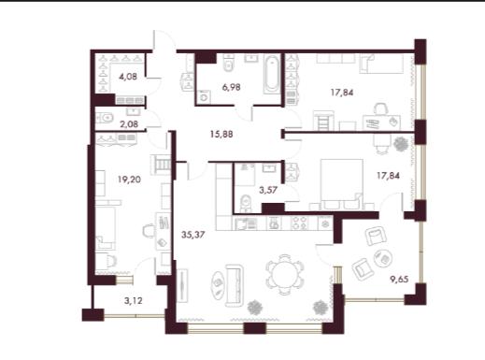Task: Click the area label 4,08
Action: tap(128, 77)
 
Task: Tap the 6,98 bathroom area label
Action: tap(231, 87)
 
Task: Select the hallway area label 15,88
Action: tap(221, 135)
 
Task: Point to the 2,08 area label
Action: tap(129, 124)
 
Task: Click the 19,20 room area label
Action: tap(129, 180)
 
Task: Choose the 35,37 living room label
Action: tap(193, 235)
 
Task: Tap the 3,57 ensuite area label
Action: tap(268, 190)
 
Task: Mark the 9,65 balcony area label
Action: tap(399, 279)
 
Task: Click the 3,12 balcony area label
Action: tap(134, 301)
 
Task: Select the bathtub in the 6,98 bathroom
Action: tap(271, 74)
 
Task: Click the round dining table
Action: tap(284, 275)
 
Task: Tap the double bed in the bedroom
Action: tap(342, 184)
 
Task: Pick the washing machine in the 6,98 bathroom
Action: tap(204, 96)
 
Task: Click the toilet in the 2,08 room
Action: tap(105, 118)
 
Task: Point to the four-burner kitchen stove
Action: tap(300, 223)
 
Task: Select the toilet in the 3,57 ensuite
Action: tap(246, 202)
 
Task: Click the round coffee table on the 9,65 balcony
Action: tap(383, 258)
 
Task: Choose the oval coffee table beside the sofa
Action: tap(218, 285)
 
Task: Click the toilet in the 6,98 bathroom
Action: tap(229, 64)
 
